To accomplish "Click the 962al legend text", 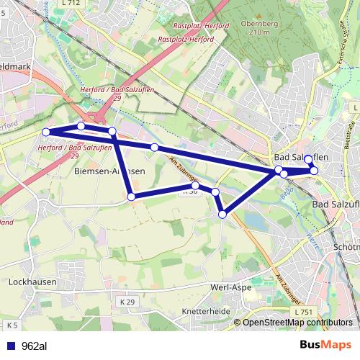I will (35, 346).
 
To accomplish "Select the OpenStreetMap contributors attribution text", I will (297, 323).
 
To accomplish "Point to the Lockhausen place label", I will (32, 282).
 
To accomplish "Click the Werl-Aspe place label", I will (230, 287).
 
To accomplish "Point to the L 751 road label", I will (304, 311).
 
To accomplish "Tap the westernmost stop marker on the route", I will (46, 132).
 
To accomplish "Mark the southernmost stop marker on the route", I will (223, 214).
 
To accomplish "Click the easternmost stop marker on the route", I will (314, 171).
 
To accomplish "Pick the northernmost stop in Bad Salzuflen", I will (308, 159).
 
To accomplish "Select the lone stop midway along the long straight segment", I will (154, 148).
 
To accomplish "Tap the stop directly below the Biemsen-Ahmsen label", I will (130, 197).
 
